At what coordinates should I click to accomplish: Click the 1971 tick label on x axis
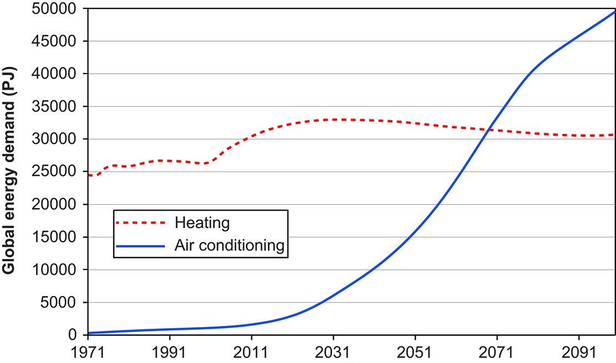[x=87, y=352]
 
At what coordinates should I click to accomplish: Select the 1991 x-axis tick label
[x=169, y=352]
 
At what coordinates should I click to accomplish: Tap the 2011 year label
[x=251, y=352]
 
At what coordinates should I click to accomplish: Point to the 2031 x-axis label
[x=333, y=352]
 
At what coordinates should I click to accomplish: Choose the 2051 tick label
[x=415, y=352]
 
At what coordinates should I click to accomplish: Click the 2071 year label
[x=497, y=352]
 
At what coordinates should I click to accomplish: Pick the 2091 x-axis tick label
[x=579, y=352]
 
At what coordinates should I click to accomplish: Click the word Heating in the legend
[x=202, y=222]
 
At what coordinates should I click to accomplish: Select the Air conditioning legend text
[x=229, y=245]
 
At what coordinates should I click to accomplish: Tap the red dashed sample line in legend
[x=141, y=222]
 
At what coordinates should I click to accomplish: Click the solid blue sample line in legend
[x=141, y=246]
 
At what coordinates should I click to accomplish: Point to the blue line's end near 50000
[x=614, y=12]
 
